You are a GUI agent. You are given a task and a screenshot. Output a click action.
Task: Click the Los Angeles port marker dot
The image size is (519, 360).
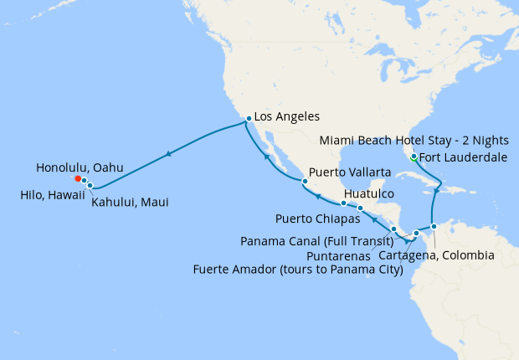point(249,119)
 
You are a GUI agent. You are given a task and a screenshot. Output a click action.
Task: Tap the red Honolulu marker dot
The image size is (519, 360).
point(78,178)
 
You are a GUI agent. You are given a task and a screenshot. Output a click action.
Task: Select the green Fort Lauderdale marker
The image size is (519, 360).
point(413,157)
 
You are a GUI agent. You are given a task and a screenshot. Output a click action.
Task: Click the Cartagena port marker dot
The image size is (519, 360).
point(434,226)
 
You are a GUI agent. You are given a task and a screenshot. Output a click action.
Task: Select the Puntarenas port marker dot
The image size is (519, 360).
point(393,229)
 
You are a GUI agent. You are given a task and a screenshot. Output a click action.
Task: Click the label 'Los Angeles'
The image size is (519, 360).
point(287,118)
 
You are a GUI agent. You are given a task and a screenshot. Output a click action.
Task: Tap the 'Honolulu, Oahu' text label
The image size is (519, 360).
point(80,168)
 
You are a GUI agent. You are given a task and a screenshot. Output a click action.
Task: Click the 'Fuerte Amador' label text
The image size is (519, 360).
point(298,270)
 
